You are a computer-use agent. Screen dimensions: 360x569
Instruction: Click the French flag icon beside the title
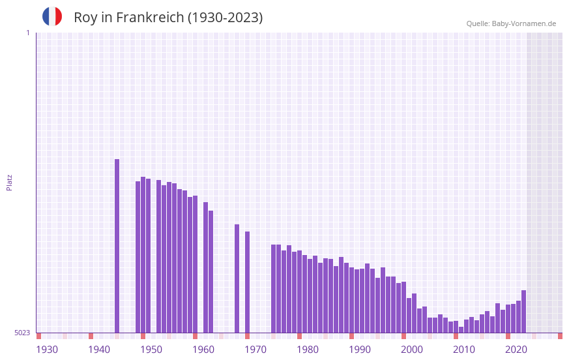tap(52, 17)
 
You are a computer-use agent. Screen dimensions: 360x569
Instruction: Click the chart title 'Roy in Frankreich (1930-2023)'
tap(168, 18)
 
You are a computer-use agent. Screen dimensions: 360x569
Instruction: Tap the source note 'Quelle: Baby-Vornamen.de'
tap(511, 23)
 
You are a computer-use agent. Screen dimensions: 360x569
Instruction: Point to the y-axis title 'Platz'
tap(9, 182)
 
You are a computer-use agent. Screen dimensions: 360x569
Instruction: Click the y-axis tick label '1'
tap(27, 33)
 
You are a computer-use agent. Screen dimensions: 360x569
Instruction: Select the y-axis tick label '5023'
tap(22, 333)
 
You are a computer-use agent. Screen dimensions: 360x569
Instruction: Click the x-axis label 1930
tap(47, 350)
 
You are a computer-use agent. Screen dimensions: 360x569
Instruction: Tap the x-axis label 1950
tap(151, 350)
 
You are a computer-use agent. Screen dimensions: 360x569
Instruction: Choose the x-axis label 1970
tap(255, 350)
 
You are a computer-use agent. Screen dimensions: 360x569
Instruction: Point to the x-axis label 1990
tap(360, 350)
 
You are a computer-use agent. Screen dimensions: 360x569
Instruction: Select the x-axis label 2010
tap(464, 350)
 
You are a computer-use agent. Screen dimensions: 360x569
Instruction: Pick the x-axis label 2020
tap(516, 350)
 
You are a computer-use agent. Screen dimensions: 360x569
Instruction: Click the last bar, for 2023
tap(523, 312)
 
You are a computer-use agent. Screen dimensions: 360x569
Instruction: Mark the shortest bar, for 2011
tap(461, 330)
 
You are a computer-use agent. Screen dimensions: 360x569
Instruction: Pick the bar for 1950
tap(143, 254)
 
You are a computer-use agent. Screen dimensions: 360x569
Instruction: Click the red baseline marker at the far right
tap(560, 336)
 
